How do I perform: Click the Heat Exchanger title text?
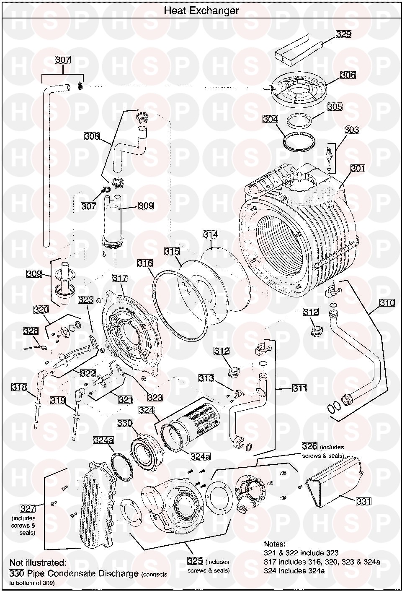click(201, 10)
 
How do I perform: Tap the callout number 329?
click(344, 34)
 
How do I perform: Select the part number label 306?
click(348, 75)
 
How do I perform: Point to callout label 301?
click(358, 168)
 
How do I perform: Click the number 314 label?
click(210, 234)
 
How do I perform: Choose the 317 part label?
click(120, 278)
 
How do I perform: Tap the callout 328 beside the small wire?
click(31, 331)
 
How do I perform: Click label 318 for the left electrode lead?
click(19, 387)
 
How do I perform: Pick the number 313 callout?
click(206, 378)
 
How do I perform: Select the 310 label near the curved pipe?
click(387, 303)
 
